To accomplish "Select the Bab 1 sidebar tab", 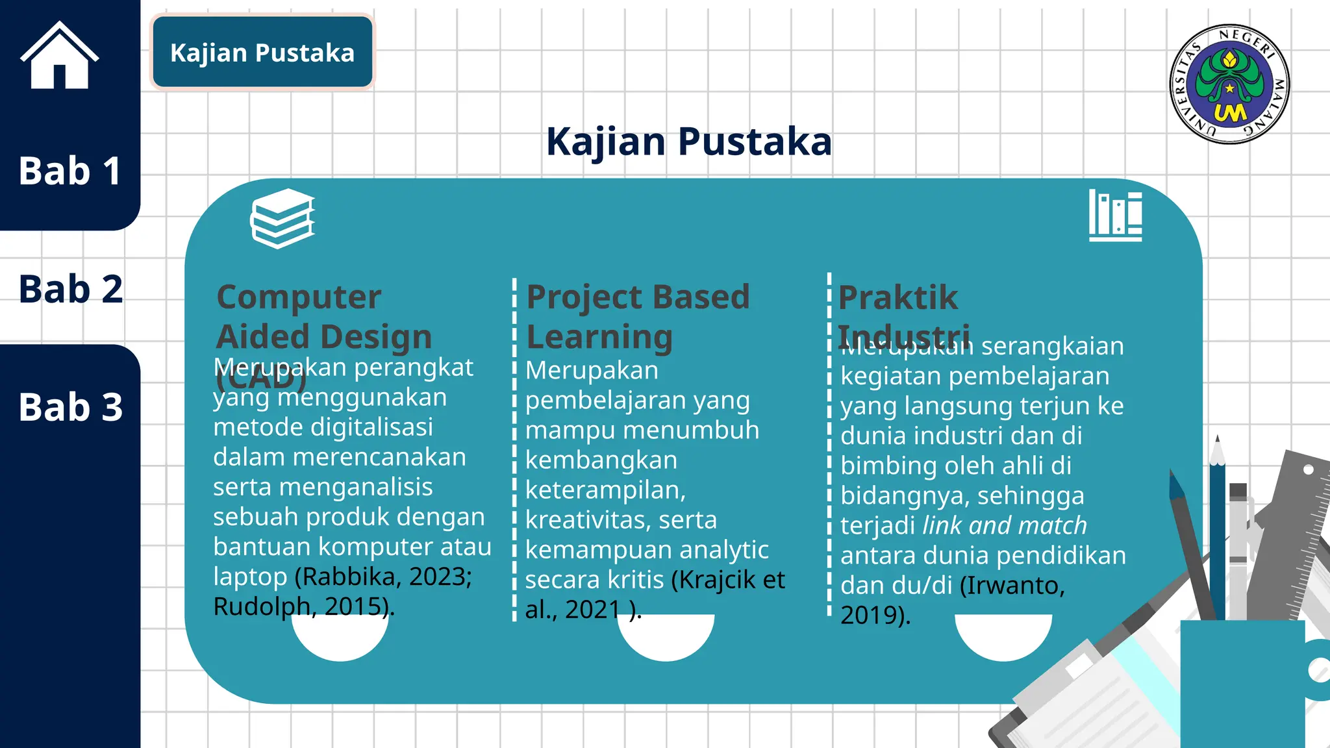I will pos(69,171).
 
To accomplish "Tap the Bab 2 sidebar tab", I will pos(70,289).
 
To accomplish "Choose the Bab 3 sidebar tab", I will pos(70,407).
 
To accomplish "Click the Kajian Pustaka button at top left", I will pos(262,53).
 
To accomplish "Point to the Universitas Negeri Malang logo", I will pos(1229,84).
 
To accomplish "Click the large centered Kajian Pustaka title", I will pos(688,142).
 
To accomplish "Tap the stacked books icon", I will pos(282,218).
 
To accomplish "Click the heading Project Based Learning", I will pos(637,316).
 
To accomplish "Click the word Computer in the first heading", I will pos(299,297).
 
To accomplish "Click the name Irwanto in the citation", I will pos(1012,586).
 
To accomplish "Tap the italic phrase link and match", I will pos(1004,525).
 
